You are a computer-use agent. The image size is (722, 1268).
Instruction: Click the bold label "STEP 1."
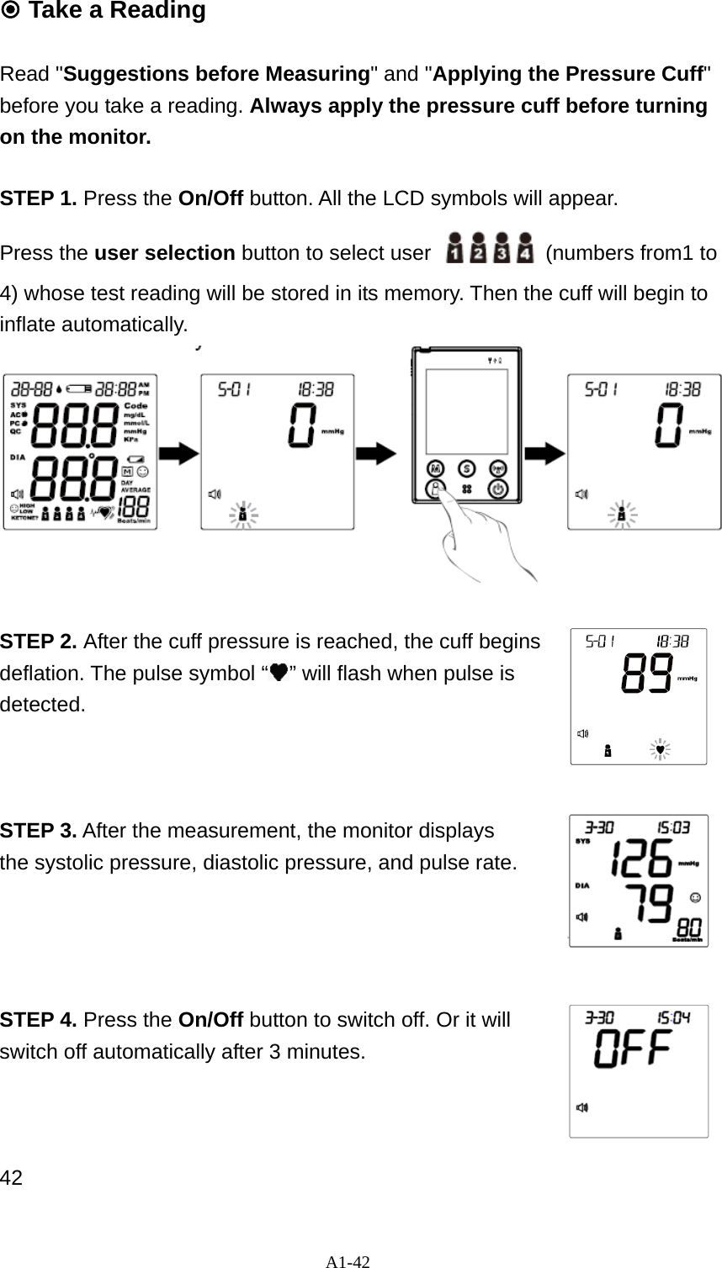39,199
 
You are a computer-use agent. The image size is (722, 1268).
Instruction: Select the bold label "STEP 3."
39,832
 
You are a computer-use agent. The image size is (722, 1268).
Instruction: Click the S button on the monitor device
465,468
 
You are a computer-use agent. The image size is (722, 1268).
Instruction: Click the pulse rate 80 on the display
688,928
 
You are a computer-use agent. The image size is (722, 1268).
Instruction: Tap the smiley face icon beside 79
694,898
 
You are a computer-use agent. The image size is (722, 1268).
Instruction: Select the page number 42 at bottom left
11,1177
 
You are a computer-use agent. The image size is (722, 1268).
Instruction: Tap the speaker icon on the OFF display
581,1107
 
